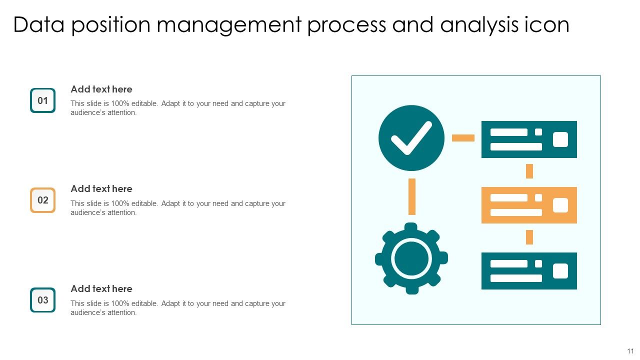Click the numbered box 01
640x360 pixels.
click(42, 100)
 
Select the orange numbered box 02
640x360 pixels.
click(42, 200)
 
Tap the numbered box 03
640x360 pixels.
click(42, 300)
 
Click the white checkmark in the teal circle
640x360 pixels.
click(411, 137)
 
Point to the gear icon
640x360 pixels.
click(411, 258)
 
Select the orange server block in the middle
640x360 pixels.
click(529, 205)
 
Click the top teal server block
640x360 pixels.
click(529, 139)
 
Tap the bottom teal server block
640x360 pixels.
click(529, 271)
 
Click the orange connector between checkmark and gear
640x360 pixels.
click(412, 196)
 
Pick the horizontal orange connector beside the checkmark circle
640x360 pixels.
click(463, 137)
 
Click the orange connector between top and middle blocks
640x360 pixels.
click(529, 171)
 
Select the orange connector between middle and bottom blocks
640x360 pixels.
click(529, 237)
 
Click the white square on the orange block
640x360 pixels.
click(560, 205)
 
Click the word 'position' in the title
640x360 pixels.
click(110, 25)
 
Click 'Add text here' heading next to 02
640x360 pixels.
click(101, 188)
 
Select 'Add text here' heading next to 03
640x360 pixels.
click(101, 288)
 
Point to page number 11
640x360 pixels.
click(630, 351)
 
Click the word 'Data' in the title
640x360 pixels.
click(39, 25)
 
